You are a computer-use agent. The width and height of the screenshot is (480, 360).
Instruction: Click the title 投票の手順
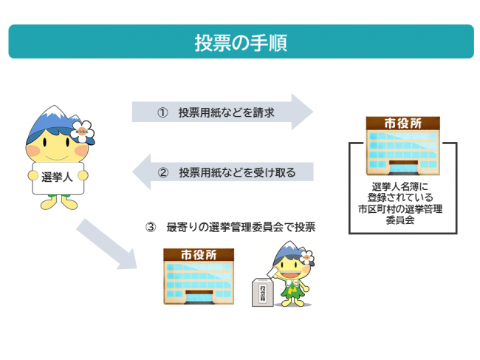(240, 42)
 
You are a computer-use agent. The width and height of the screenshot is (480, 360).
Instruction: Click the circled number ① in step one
(162, 113)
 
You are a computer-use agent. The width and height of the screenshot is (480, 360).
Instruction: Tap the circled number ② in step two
(163, 173)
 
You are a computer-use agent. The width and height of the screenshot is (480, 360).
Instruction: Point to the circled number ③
(151, 227)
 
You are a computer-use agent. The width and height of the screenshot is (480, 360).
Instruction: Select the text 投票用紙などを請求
(226, 113)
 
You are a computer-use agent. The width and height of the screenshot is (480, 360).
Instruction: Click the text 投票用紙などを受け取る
(236, 173)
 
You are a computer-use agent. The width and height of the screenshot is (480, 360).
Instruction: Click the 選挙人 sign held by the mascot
(57, 177)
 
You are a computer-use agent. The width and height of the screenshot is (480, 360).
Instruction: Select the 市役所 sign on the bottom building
(199, 255)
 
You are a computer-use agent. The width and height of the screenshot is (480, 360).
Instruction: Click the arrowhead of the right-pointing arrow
(299, 112)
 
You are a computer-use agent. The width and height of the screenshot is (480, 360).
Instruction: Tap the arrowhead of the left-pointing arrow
(145, 173)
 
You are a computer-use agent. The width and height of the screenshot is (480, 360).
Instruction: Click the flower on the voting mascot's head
(306, 258)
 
